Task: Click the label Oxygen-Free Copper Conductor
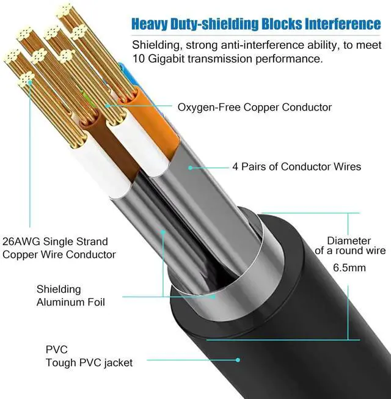coord(254,108)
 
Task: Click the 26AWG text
coord(21,241)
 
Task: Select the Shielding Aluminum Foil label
coord(70,296)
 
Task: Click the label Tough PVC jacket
coord(89,362)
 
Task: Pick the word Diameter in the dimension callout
coord(349,241)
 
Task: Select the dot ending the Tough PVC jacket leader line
coord(236,360)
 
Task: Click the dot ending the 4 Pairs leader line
coord(190,166)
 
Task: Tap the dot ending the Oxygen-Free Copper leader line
coord(108,106)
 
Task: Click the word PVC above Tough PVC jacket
coord(57,350)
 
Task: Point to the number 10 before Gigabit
coord(139,60)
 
